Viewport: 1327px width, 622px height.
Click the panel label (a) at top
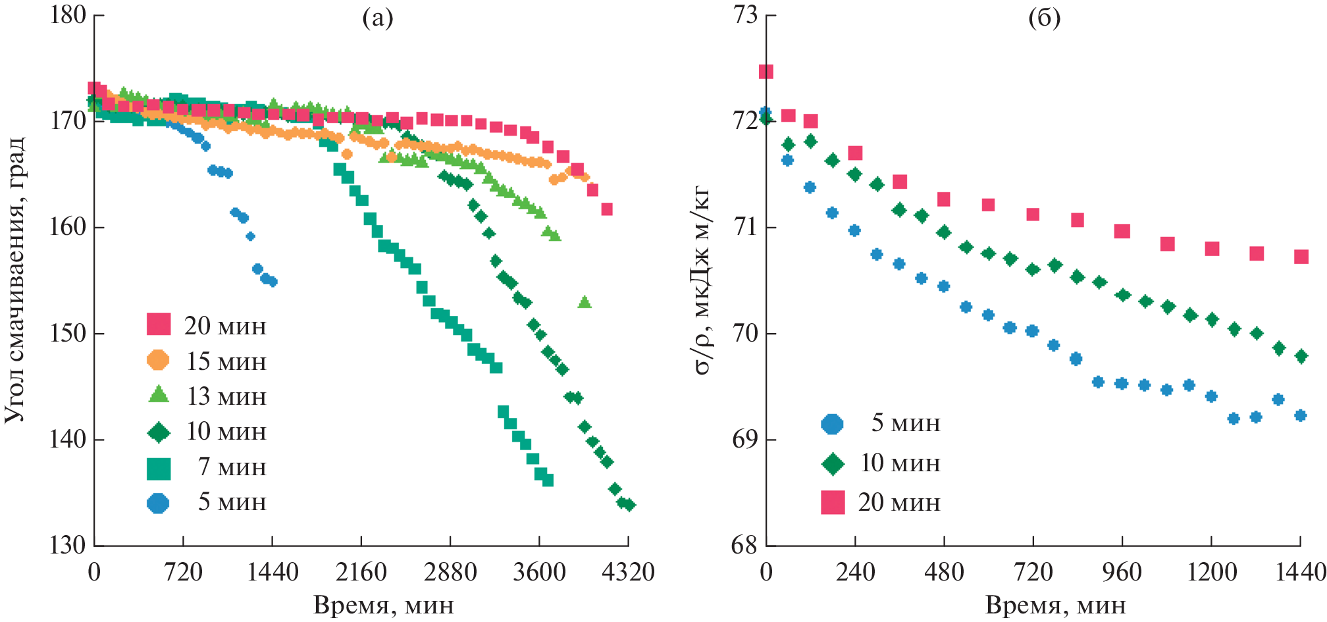(378, 18)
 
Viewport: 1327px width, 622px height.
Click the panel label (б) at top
(1045, 18)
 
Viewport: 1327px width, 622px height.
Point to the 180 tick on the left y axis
(68, 15)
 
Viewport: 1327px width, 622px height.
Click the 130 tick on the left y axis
(68, 546)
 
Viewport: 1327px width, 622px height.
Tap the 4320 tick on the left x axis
(628, 572)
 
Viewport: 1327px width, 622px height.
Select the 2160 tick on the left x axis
(361, 572)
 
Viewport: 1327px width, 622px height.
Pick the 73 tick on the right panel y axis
(746, 15)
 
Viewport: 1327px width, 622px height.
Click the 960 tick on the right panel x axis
(1122, 572)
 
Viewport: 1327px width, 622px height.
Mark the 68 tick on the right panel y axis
(746, 546)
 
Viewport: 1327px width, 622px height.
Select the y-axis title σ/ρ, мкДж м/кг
(702, 280)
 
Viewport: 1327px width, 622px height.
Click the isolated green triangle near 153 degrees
(585, 302)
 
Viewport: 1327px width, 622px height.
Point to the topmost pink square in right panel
(766, 72)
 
